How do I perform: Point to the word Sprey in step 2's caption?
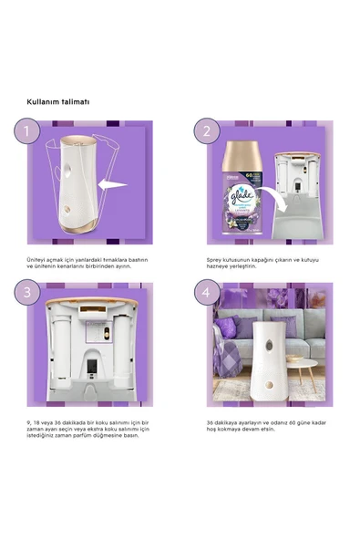point(214,259)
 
